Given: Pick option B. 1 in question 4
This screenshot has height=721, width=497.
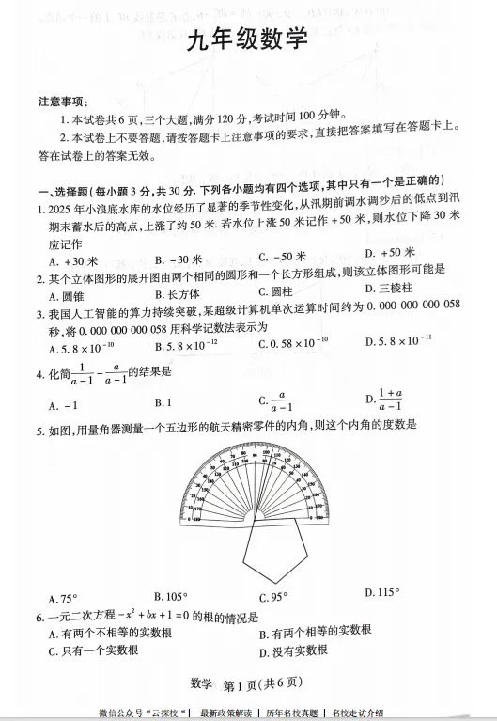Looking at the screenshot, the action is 162,403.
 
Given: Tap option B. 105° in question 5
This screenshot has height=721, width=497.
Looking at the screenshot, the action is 170,596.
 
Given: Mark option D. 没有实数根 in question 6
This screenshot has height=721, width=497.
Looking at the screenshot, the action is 292,650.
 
